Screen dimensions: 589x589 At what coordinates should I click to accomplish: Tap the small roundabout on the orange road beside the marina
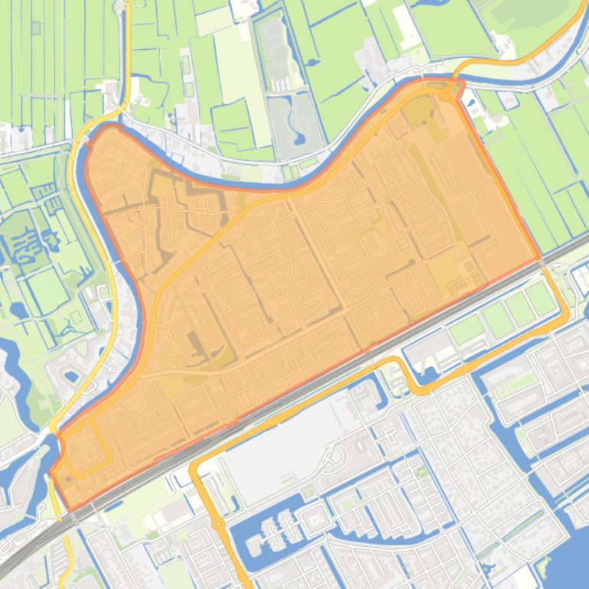pos(219,524)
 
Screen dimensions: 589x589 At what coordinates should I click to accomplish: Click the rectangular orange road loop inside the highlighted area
pos(85,447)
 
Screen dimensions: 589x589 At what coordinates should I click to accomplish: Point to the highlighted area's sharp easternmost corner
pos(540,258)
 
